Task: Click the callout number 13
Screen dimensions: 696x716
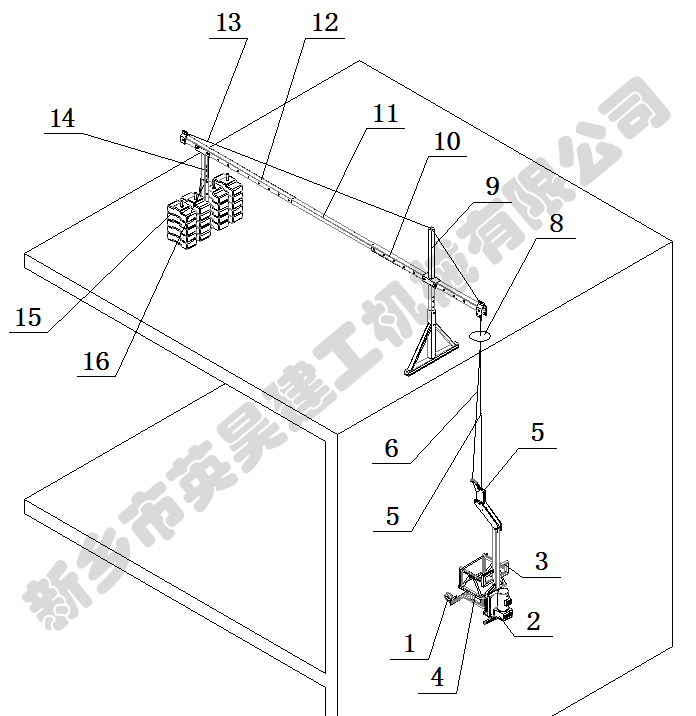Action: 228,22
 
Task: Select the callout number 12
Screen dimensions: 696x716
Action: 325,22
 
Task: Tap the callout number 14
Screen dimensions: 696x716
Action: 62,118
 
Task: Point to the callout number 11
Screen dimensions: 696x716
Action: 385,114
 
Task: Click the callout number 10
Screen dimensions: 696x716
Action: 447,142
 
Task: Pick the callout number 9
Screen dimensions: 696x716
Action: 492,186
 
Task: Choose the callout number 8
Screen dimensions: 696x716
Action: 556,223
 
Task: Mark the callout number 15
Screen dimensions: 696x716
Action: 28,317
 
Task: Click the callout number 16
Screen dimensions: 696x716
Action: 96,362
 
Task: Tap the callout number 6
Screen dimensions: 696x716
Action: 391,448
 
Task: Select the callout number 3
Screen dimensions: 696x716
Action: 541,561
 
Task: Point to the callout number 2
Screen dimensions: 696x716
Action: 533,621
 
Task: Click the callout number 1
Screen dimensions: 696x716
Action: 410,644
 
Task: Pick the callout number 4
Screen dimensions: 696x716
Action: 437,677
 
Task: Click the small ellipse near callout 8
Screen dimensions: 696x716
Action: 480,336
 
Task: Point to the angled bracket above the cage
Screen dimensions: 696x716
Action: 486,506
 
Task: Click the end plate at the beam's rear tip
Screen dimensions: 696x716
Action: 184,138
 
